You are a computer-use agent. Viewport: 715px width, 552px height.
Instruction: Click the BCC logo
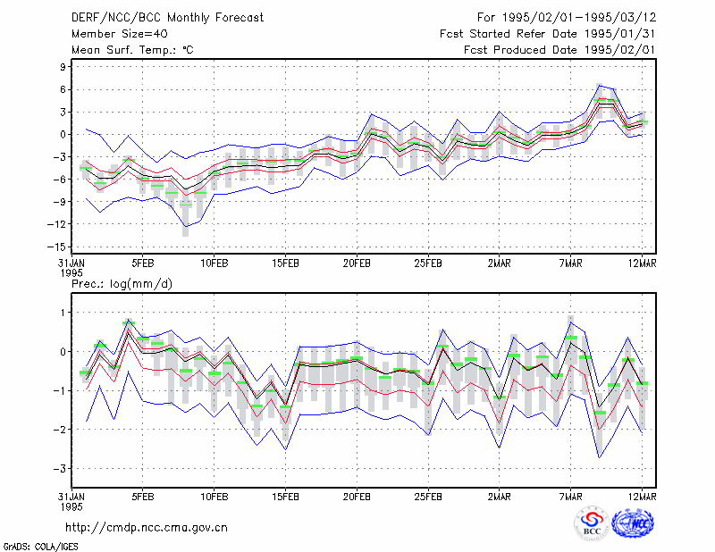click(592, 523)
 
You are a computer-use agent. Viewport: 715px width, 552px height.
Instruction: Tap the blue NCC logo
click(633, 523)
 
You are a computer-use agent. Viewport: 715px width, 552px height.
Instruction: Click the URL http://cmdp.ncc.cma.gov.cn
click(147, 528)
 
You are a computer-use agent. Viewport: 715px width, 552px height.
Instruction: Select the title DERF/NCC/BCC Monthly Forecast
click(167, 18)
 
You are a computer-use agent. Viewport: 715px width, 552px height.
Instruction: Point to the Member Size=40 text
click(120, 34)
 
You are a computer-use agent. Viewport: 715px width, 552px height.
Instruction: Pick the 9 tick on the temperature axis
click(63, 67)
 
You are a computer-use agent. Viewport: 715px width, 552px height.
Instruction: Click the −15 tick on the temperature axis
click(56, 247)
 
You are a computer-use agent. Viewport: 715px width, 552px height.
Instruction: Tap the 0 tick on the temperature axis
click(63, 135)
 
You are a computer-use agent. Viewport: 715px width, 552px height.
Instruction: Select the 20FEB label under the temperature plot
click(357, 263)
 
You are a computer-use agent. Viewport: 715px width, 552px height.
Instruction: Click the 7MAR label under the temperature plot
click(570, 263)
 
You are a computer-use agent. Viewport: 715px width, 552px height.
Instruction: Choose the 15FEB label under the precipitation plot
click(285, 497)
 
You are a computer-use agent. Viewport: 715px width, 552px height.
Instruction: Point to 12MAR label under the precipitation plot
click(642, 497)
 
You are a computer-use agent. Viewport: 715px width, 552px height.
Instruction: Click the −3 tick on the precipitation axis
click(60, 469)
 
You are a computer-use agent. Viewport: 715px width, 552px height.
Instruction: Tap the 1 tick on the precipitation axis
click(63, 313)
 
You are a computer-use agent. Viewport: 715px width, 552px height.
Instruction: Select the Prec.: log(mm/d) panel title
click(122, 284)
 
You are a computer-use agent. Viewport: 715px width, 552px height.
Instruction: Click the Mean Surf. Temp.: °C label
click(132, 50)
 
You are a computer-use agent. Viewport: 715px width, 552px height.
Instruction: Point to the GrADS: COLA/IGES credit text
click(40, 547)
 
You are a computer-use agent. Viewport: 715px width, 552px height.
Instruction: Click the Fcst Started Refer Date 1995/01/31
click(547, 34)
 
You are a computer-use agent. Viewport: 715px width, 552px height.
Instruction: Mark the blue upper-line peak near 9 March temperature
click(600, 85)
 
